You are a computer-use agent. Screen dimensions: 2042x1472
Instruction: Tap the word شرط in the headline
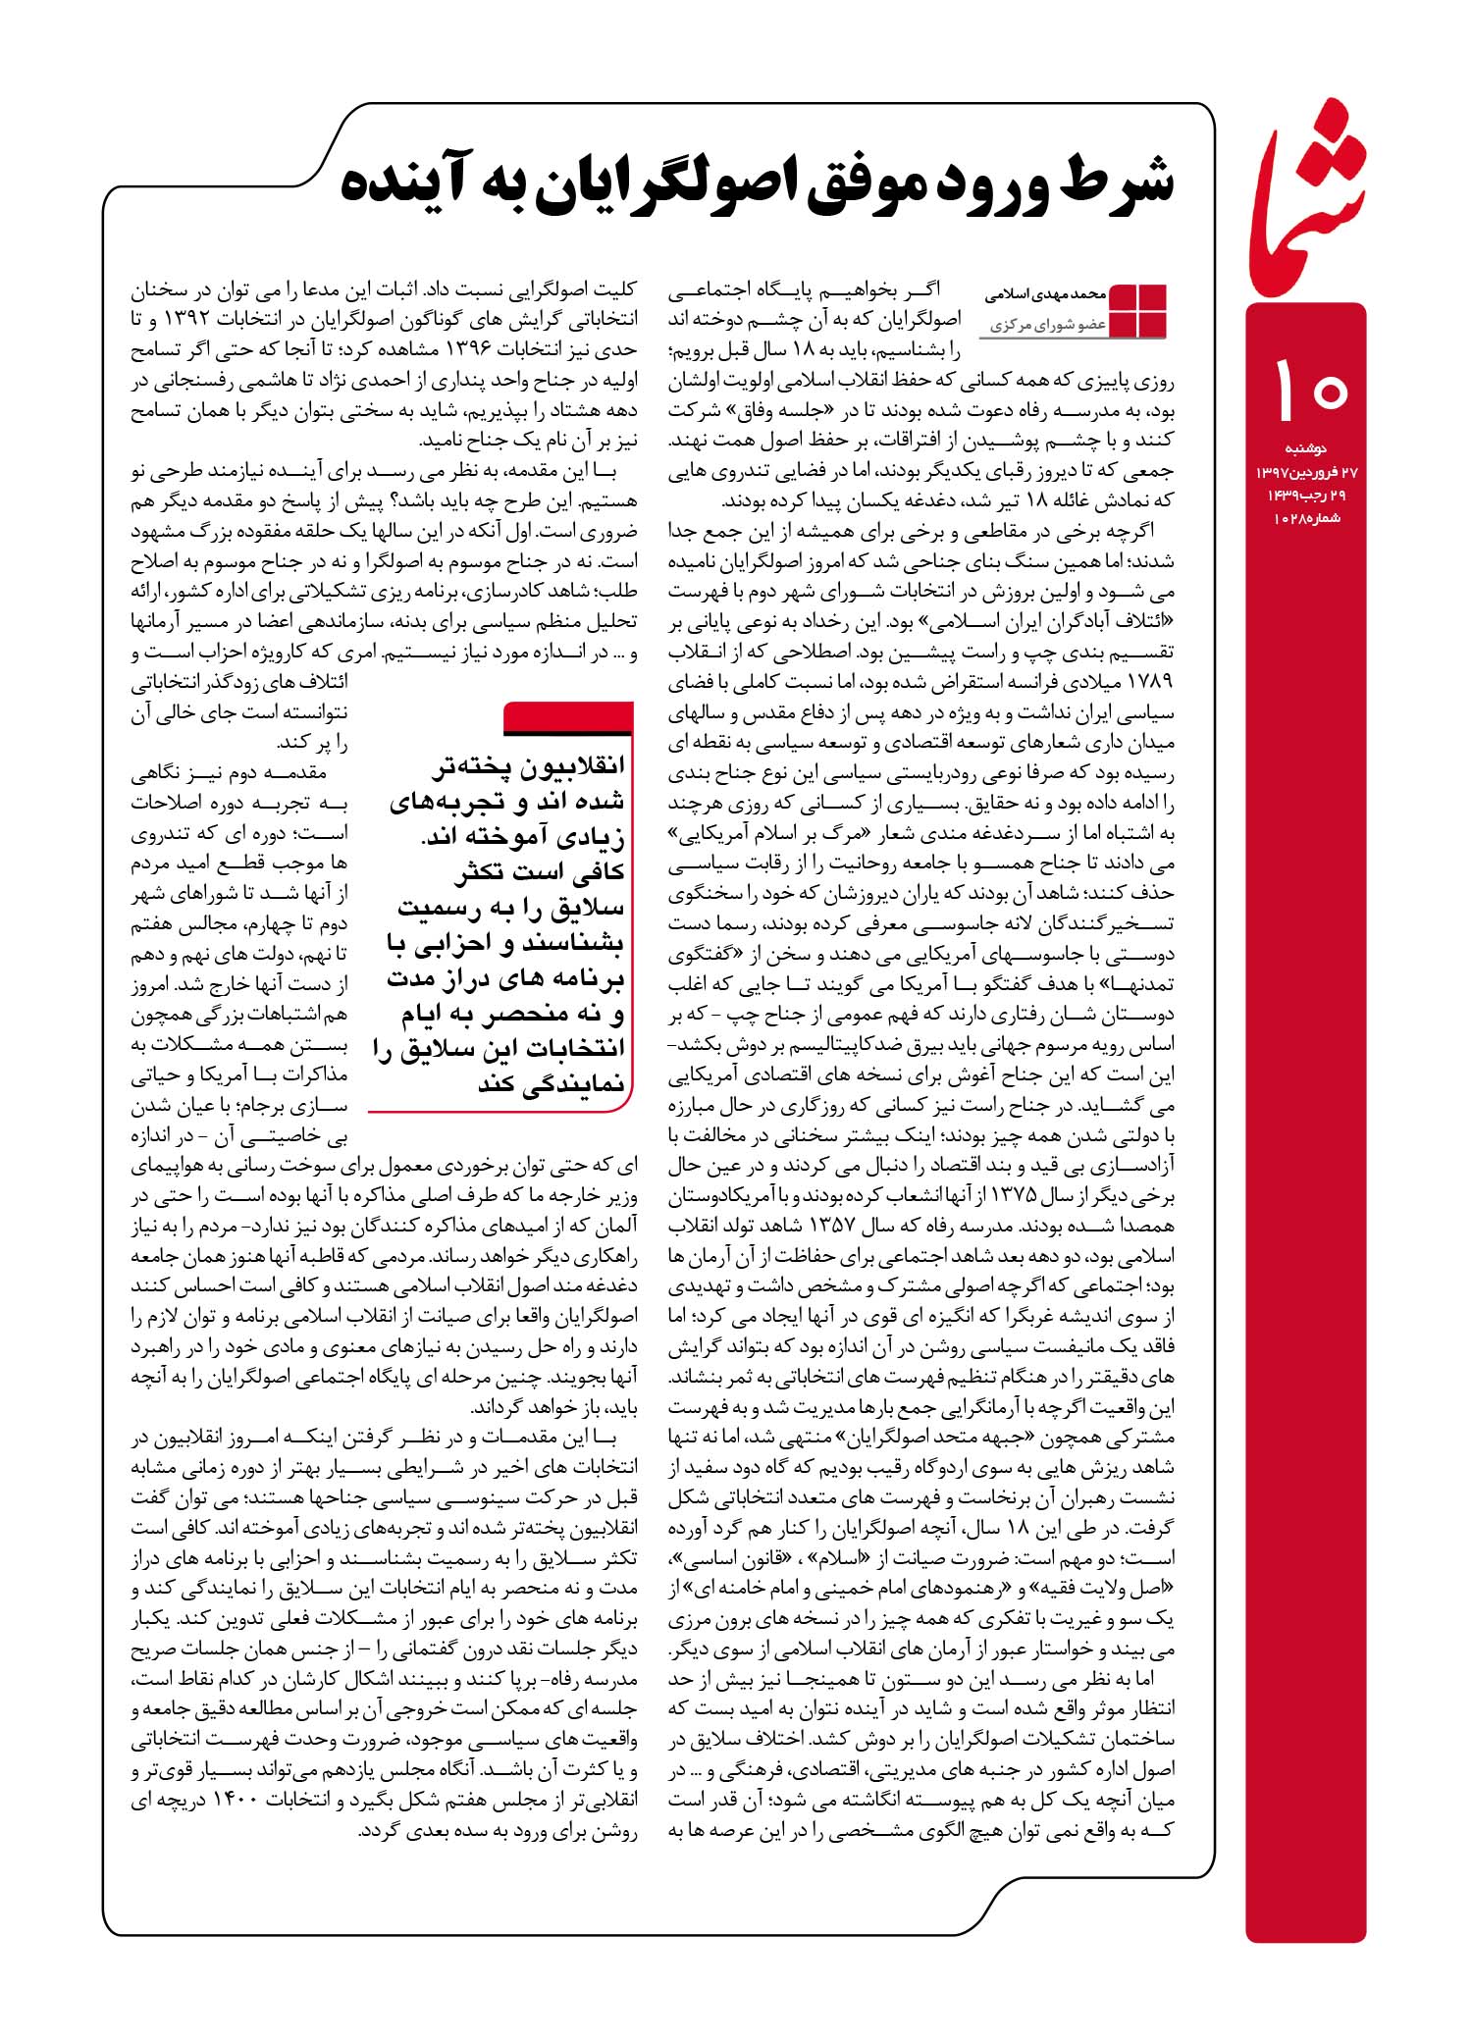pos(1114,183)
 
